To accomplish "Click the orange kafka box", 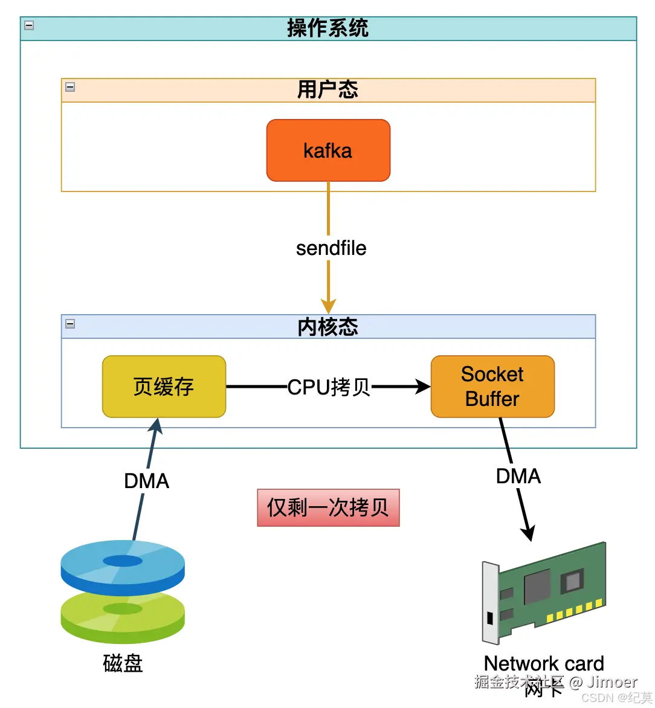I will click(328, 150).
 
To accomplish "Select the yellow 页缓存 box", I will click(164, 387).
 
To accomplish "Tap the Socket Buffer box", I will click(492, 387).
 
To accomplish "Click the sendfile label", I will click(331, 248).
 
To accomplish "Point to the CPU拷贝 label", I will click(329, 387).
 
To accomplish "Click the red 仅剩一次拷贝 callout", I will click(328, 507).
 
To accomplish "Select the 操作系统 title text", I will click(327, 28).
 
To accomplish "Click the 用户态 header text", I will click(327, 90).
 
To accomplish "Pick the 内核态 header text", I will click(327, 327).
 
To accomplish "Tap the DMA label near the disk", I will click(146, 481).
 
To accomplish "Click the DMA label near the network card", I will click(518, 476).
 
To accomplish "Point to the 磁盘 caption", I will click(123, 663).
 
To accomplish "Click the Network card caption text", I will click(544, 663).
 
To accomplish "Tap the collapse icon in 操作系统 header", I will click(29, 25).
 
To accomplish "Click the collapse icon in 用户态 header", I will click(70, 87).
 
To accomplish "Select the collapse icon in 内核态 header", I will click(70, 324).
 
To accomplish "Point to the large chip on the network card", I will click(537, 586).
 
